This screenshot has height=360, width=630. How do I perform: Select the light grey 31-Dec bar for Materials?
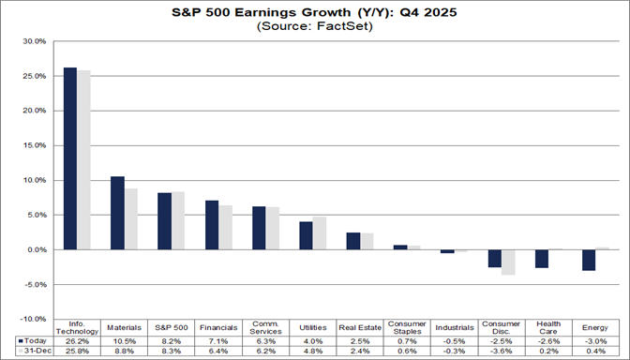130,219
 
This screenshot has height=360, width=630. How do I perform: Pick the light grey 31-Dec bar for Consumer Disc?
508,262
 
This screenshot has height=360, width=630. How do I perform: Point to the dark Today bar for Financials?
212,225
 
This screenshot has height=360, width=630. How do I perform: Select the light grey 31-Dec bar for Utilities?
319,233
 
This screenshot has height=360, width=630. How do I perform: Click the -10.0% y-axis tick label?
32,320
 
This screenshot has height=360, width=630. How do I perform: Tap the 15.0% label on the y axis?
34,145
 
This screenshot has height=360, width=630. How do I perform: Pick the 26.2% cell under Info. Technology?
77,340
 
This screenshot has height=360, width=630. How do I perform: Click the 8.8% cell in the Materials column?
124,351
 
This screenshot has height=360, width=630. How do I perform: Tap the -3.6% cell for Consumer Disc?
501,351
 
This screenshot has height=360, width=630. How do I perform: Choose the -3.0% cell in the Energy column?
595,340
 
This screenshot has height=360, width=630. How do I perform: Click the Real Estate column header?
360,327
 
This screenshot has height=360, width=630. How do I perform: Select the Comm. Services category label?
265,328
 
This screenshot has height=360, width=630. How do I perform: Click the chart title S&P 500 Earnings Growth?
315,12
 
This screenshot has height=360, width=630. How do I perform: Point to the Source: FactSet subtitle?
315,26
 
